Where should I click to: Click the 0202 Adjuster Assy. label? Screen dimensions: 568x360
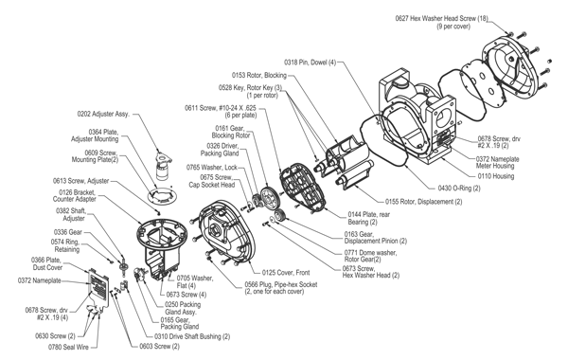[103, 114]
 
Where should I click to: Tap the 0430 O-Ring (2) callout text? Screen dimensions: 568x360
[459, 188]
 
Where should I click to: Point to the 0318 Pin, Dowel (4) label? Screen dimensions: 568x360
[311, 63]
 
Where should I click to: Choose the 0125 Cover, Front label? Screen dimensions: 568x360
[286, 272]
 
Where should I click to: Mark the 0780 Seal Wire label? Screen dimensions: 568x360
[68, 347]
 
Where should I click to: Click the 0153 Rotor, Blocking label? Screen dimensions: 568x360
[259, 75]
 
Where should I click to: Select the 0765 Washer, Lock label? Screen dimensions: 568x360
[212, 167]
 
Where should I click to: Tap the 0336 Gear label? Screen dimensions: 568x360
[68, 232]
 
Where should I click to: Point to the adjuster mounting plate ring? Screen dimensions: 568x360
[160, 196]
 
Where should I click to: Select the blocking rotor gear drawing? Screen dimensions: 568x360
[269, 198]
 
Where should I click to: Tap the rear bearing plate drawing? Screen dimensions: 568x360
[303, 187]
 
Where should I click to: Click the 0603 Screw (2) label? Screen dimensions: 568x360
[159, 346]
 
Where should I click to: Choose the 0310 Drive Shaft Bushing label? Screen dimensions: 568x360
[192, 336]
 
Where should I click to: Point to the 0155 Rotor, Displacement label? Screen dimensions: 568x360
[423, 201]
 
